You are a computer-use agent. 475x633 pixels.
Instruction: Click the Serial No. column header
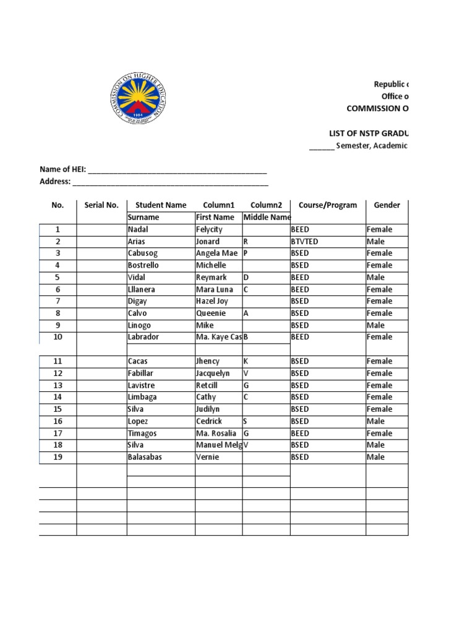(101, 205)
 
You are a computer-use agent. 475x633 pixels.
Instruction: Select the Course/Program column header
(327, 205)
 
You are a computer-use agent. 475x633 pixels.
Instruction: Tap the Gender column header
(387, 205)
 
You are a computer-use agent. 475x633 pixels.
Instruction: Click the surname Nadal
(138, 229)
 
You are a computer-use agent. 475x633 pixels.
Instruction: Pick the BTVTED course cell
(305, 242)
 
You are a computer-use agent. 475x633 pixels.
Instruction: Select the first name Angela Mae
(216, 253)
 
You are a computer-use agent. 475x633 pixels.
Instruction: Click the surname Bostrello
(143, 265)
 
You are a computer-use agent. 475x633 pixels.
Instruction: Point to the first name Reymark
(212, 278)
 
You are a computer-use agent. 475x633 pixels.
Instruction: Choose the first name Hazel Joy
(211, 301)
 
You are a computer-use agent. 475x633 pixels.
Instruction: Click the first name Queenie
(210, 313)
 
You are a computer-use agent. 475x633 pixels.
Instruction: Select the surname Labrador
(143, 337)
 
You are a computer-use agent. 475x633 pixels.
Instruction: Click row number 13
(58, 385)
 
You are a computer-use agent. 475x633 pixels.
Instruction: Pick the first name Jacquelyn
(212, 373)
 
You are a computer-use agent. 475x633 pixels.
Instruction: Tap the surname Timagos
(142, 433)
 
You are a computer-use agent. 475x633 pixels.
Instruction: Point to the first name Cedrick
(210, 421)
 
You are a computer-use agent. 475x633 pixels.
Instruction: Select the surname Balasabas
(145, 457)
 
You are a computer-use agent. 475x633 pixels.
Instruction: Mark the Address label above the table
(55, 182)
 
